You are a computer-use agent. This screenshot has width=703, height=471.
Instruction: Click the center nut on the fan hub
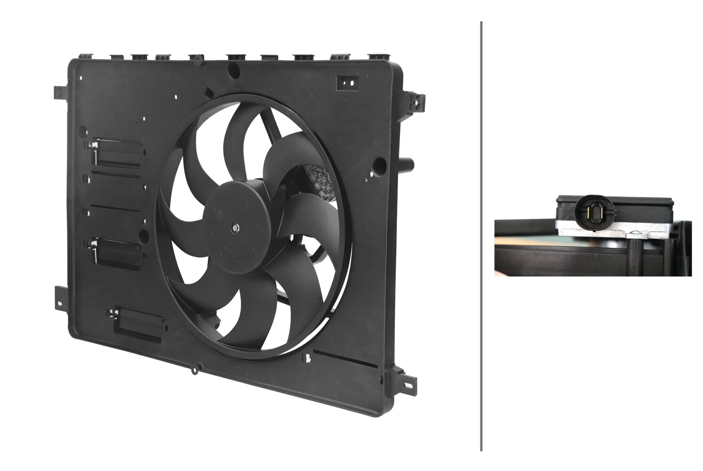235,228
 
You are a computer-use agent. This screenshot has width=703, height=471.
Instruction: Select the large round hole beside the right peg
379,164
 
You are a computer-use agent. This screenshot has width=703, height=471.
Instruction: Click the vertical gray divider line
481,235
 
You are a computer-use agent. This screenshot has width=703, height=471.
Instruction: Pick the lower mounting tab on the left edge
61,297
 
